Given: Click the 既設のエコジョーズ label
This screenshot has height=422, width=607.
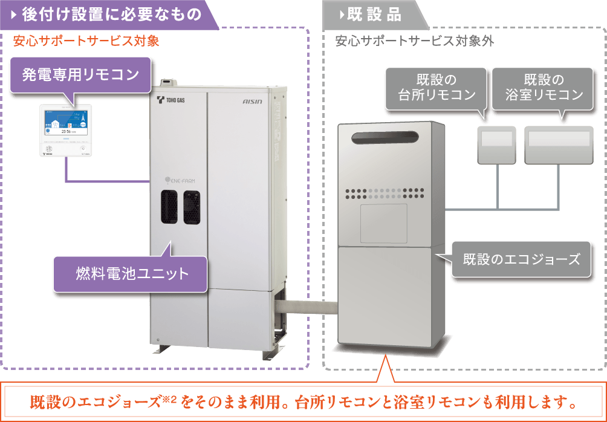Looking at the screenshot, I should pos(522,259).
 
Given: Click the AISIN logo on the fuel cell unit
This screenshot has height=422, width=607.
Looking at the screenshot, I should pos(252,101).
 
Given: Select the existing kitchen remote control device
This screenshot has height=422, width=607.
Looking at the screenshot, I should pos(496,145).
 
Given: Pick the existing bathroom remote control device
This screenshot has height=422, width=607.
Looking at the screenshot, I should pos(559,145).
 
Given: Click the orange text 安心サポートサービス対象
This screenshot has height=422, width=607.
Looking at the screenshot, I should pos(86,41).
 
